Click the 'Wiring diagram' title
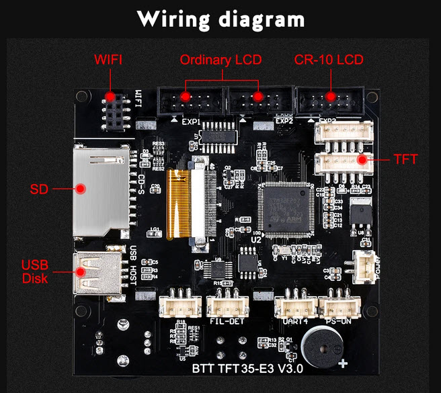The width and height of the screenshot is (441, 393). pos(220,19)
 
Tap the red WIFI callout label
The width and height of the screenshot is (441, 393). pos(108,60)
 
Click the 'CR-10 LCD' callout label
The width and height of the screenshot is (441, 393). pos(329,60)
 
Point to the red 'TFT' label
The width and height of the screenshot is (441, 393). pos(405,160)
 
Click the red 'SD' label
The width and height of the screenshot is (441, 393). pos(38,189)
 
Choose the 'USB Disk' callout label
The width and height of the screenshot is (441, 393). pos(35,271)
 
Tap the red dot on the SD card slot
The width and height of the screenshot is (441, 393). pos(80,189)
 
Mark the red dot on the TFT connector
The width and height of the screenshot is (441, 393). pos(362,160)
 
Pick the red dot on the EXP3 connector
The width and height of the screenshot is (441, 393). pos(329,96)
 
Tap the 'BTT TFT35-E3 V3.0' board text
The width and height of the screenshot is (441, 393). pos(247,368)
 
